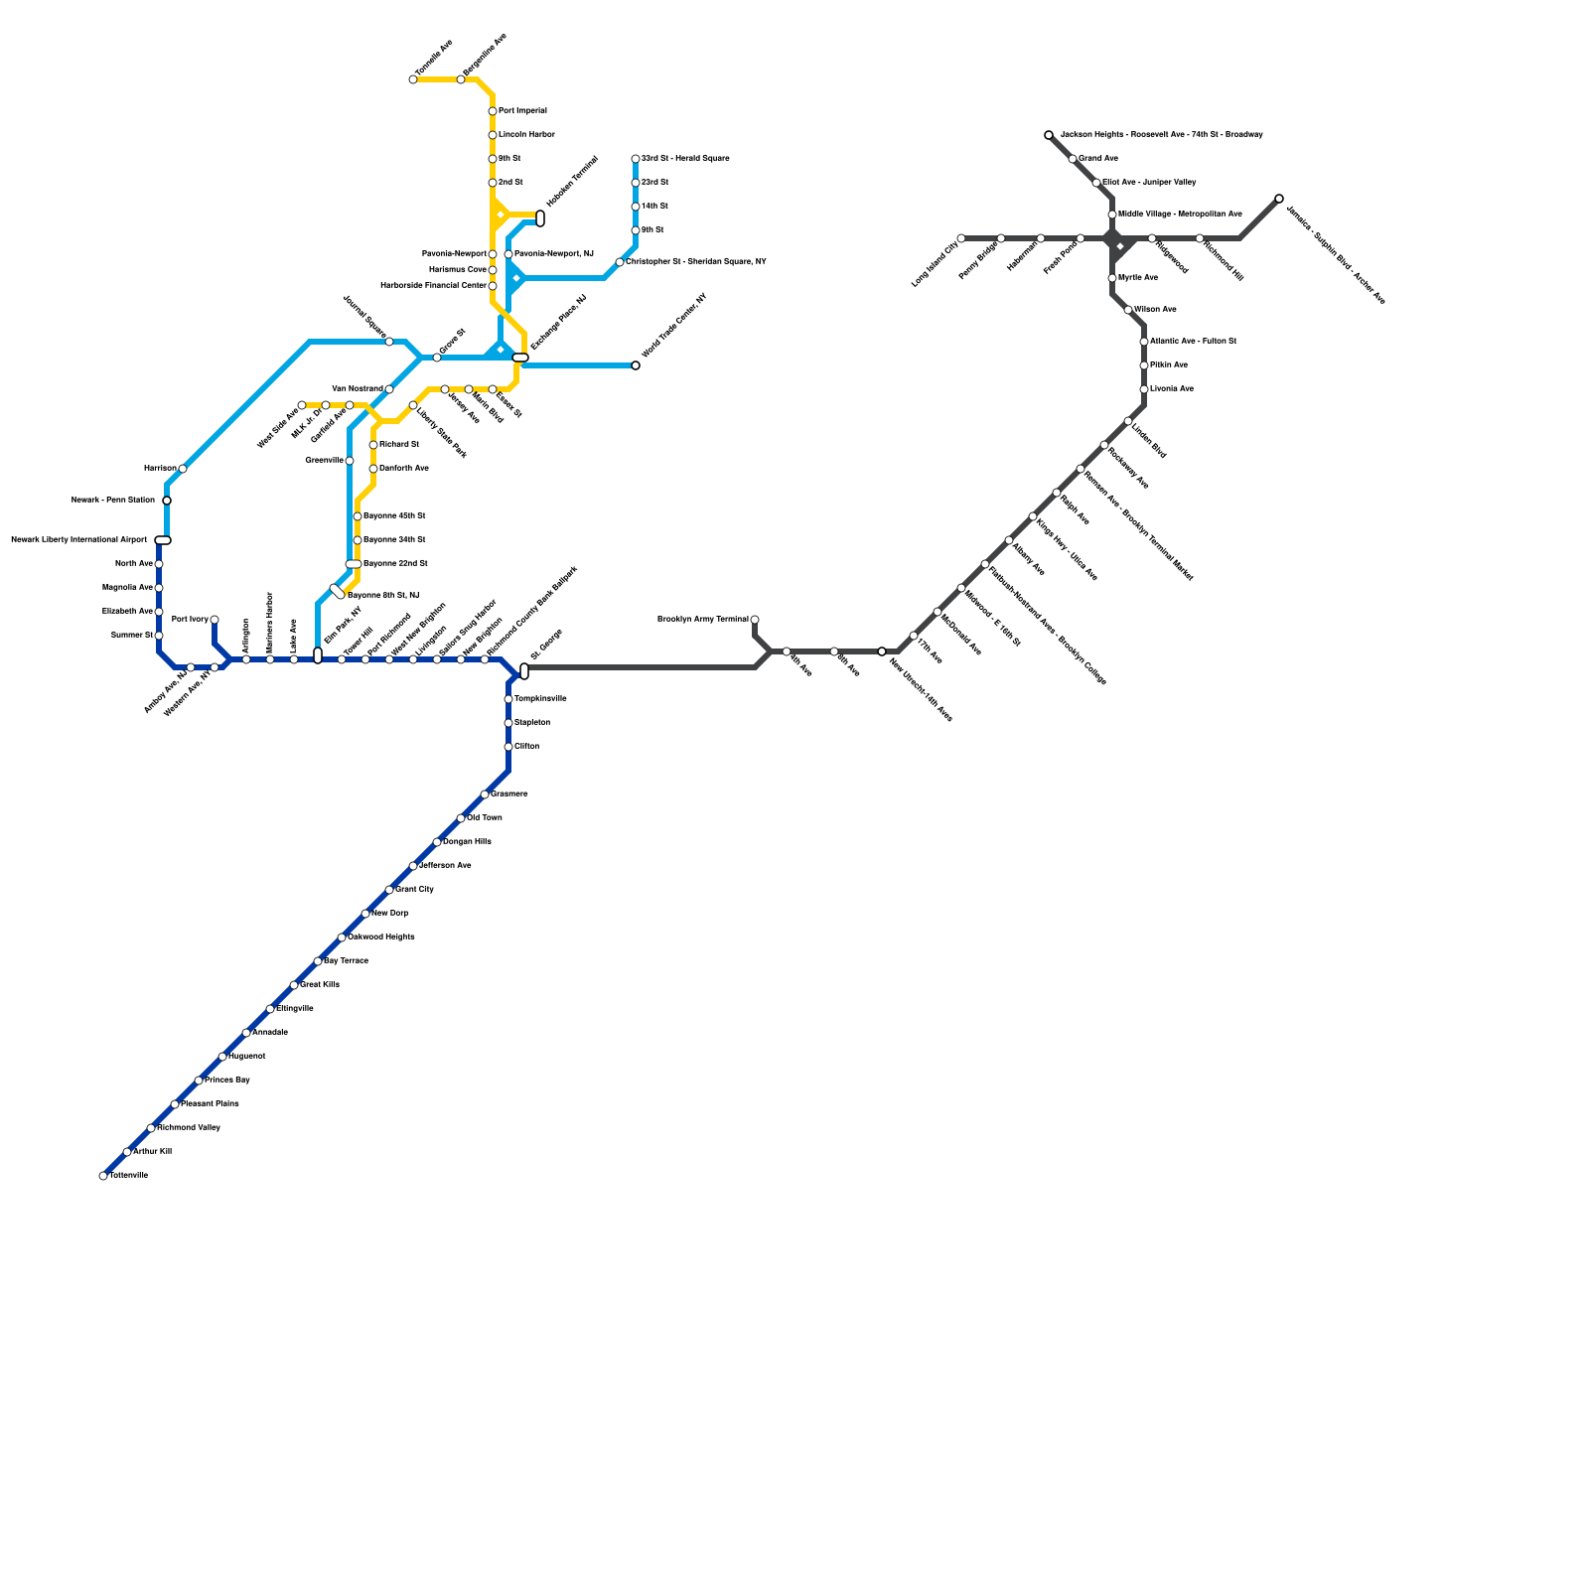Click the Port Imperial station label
coord(522,111)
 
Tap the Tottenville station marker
coord(103,1176)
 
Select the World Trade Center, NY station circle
coord(636,365)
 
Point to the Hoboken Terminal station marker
coord(540,218)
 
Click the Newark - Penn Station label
coord(113,501)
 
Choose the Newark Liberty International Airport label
coord(78,540)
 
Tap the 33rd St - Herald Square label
coord(685,159)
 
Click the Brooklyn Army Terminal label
coord(703,620)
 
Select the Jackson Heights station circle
coord(1049,135)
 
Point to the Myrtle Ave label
coord(1138,278)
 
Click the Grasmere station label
coord(509,794)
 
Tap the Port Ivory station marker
coord(215,620)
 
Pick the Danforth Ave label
coord(404,469)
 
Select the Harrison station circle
coord(183,469)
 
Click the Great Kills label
coord(320,985)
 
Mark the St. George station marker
coord(524,671)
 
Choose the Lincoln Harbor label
coord(526,135)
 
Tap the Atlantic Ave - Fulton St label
coord(1193,342)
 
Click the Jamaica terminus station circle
coord(1279,199)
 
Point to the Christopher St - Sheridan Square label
coord(695,262)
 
